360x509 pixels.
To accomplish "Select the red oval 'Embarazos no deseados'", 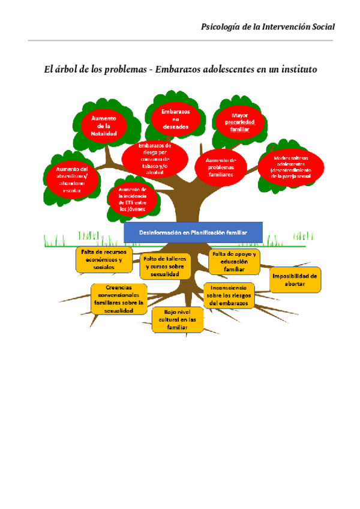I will point(176,119).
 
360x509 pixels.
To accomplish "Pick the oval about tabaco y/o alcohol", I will point(154,158).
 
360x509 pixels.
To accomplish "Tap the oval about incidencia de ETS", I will point(133,199).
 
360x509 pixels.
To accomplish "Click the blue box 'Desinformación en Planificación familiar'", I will point(193,232).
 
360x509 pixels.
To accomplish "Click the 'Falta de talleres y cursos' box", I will point(166,266).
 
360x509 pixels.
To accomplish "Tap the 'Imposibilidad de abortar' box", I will point(295,280).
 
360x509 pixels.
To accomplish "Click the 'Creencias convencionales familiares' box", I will point(119,299).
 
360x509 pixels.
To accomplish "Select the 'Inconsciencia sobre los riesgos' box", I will point(230,295).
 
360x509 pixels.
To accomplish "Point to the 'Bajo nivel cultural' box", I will point(177,320).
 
